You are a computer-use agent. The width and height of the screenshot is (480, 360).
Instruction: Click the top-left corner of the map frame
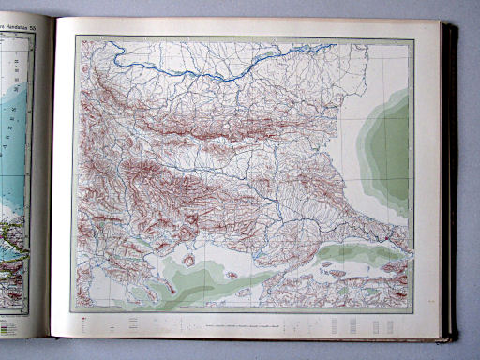(x=75, y=37)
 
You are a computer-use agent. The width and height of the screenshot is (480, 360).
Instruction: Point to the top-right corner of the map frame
(x=413, y=38)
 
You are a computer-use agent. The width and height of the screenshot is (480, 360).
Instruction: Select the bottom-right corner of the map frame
(x=412, y=308)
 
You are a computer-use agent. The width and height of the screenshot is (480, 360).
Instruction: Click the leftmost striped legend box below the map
(x=131, y=322)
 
